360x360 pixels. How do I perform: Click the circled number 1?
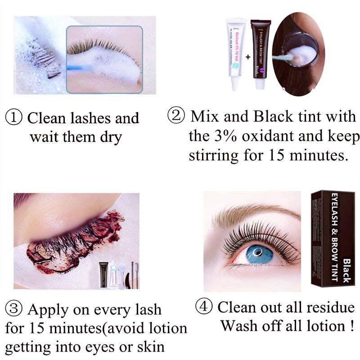[x=14, y=118]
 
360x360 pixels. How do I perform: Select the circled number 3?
[x=14, y=310]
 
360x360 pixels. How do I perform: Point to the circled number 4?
[x=204, y=307]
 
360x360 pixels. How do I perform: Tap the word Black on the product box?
[x=346, y=270]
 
